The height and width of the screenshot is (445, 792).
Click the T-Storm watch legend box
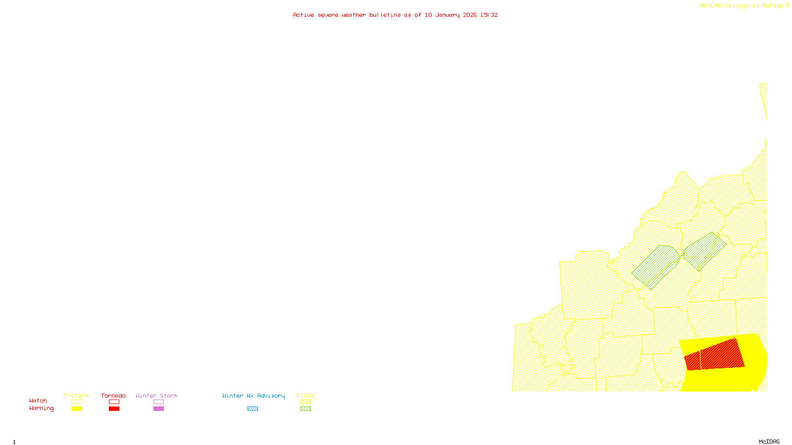[77, 402]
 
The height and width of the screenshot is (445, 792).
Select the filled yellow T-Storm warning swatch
[77, 409]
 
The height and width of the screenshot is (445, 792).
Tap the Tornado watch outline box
[114, 402]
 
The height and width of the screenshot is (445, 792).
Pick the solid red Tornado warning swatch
[114, 409]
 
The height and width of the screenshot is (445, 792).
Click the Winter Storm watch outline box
[158, 402]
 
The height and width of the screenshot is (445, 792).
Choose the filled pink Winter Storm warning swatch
[158, 409]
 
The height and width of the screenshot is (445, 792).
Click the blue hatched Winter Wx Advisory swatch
[252, 409]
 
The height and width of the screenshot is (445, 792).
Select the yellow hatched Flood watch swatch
[305, 402]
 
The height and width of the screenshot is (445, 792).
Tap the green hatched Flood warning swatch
[305, 409]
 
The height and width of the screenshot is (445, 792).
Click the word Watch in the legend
[38, 401]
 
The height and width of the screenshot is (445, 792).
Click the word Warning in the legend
[42, 408]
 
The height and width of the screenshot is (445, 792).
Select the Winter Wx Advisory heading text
[253, 396]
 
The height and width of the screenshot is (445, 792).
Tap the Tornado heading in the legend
[113, 396]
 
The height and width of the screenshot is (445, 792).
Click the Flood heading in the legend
[305, 396]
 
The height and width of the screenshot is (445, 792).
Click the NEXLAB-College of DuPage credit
[742, 6]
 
